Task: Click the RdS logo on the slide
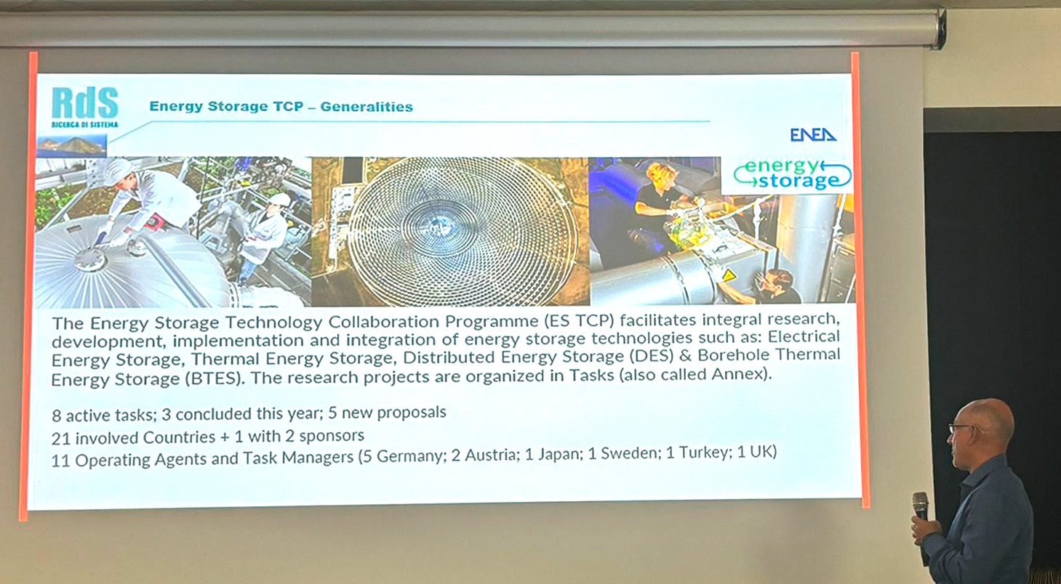[x=85, y=107]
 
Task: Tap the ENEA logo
[x=813, y=135]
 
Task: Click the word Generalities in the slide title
[x=367, y=107]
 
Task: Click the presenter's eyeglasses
[x=960, y=429]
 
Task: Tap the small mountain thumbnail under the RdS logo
[x=71, y=146]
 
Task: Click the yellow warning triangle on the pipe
[x=729, y=275]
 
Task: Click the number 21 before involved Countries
[x=61, y=439]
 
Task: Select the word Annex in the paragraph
[x=737, y=375]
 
